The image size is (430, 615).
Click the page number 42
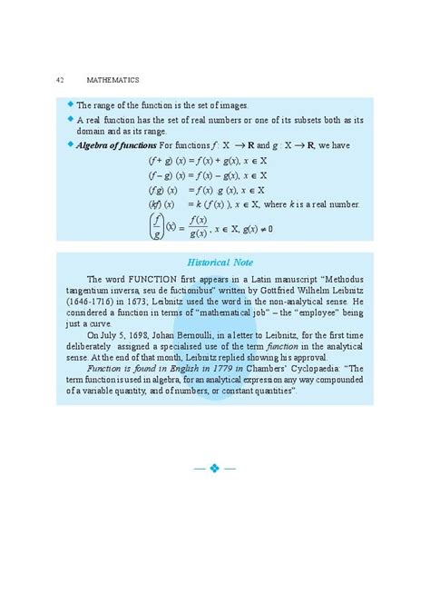(x=59, y=81)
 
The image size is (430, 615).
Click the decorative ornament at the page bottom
(x=215, y=469)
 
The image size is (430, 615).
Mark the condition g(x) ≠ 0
(x=251, y=228)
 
